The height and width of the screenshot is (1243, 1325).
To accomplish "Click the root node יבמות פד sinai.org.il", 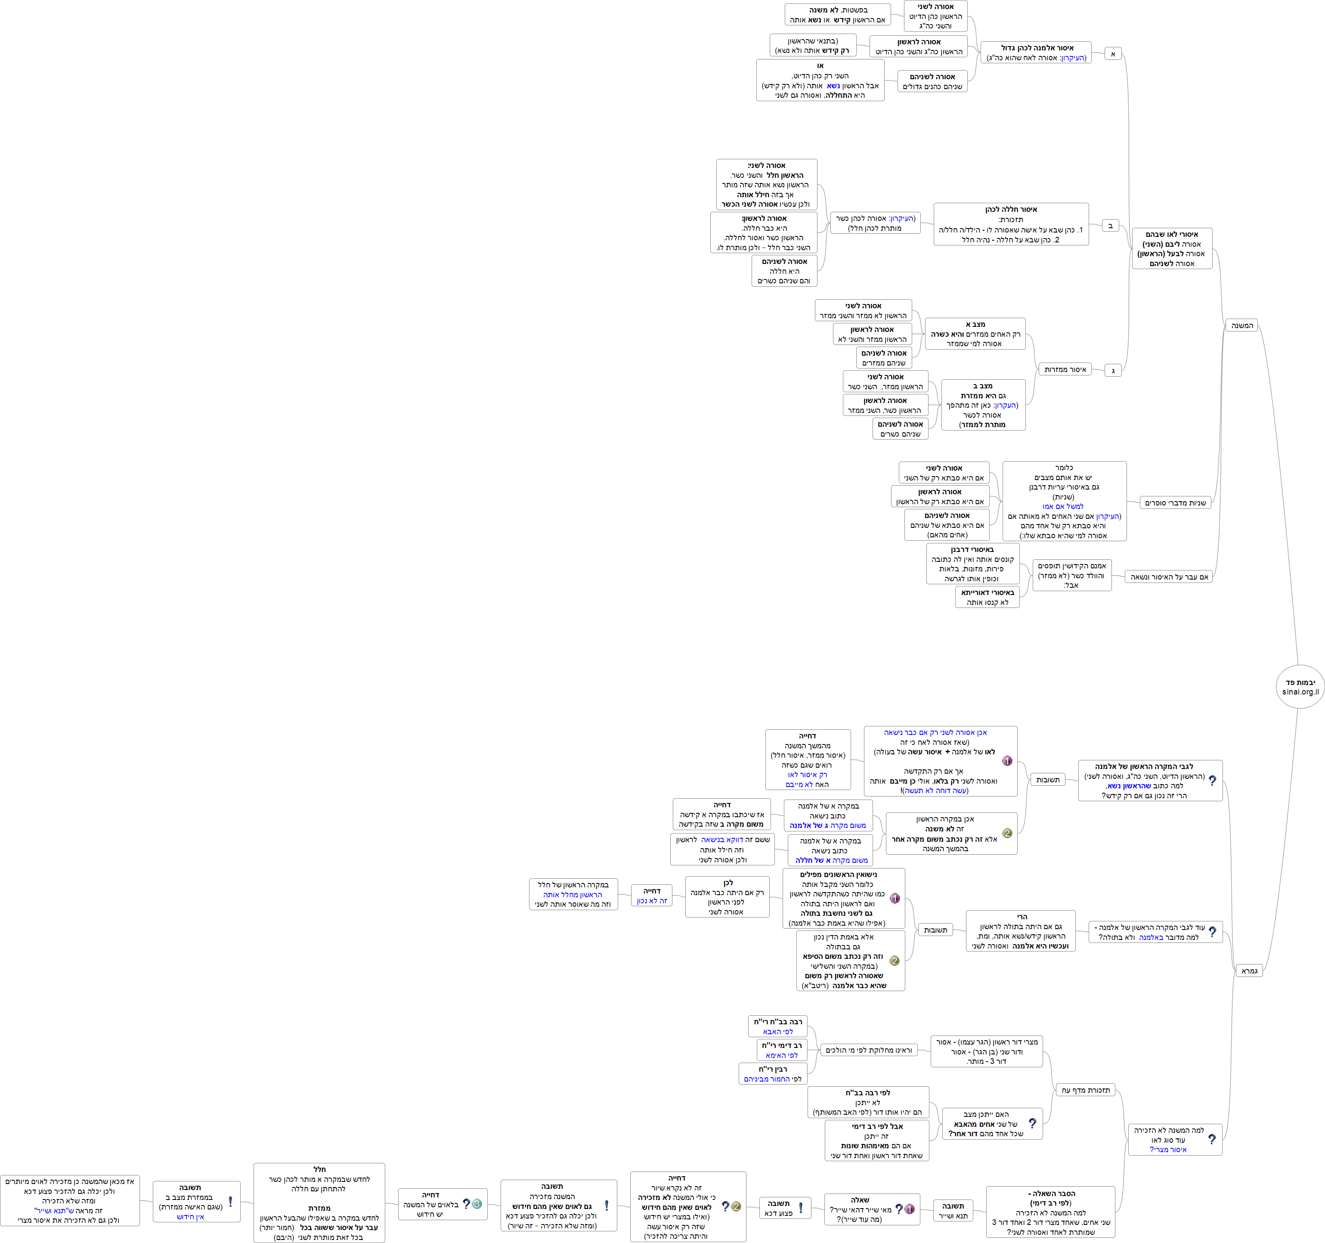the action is pyautogui.click(x=1300, y=686).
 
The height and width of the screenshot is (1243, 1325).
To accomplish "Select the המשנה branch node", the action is pyautogui.click(x=1241, y=325).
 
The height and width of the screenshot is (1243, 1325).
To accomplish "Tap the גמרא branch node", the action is pyautogui.click(x=1249, y=970).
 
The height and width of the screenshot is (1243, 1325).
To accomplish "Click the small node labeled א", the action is pyautogui.click(x=1112, y=53).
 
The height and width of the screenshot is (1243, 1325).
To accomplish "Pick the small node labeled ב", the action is pyautogui.click(x=1110, y=225).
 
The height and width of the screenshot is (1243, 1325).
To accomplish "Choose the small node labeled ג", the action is pyautogui.click(x=1112, y=370).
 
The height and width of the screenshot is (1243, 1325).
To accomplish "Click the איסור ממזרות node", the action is pyautogui.click(x=1065, y=369).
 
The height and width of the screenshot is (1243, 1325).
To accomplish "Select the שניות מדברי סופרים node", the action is pyautogui.click(x=1175, y=502).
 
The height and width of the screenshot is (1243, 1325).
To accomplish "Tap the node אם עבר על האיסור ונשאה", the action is pyautogui.click(x=1168, y=577).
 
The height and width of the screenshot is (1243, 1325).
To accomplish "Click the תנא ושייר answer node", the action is pyautogui.click(x=953, y=1210).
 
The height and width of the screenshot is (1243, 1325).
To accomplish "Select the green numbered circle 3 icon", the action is pyautogui.click(x=477, y=1204).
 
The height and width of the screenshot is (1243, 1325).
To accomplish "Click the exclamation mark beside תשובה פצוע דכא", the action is pyautogui.click(x=800, y=1208).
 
